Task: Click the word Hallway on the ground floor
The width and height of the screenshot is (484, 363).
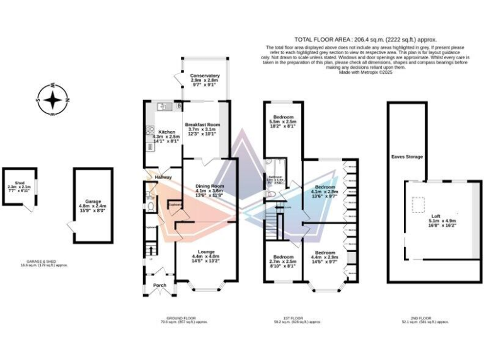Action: [164, 178]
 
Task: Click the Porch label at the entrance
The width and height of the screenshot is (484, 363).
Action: [160, 285]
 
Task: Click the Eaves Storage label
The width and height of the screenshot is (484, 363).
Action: [406, 156]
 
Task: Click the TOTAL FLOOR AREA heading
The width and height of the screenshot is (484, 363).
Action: [365, 39]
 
